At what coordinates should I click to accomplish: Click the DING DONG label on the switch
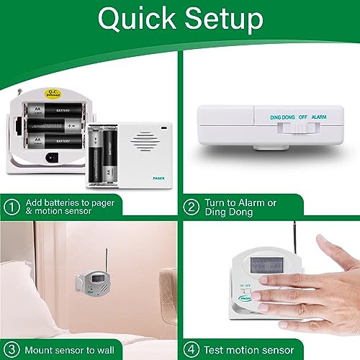pyautogui.click(x=283, y=116)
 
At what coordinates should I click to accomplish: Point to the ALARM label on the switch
pyautogui.click(x=319, y=116)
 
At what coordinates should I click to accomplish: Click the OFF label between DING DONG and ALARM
pyautogui.click(x=302, y=116)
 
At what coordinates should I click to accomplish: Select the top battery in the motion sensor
pyautogui.click(x=57, y=111)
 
